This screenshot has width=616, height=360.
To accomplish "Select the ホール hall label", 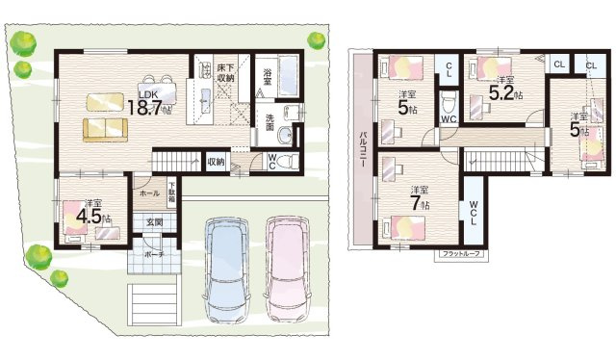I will [x=149, y=193].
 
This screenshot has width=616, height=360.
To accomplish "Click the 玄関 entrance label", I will [x=154, y=222].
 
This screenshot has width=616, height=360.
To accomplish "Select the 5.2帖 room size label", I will [x=504, y=92].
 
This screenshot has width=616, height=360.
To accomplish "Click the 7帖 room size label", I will [x=418, y=203].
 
